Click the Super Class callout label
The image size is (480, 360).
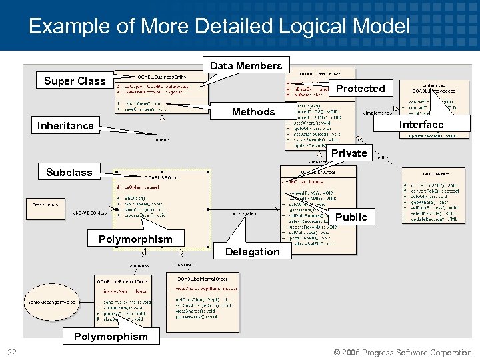tap(75, 81)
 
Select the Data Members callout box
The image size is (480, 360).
tap(246, 65)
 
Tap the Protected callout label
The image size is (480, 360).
tap(360, 88)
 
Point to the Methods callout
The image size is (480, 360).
tap(253, 111)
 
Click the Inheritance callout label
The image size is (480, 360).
tap(65, 125)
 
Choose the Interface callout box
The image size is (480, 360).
tap(421, 125)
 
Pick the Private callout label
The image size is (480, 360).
tap(349, 153)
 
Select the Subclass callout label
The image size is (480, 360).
tap(69, 172)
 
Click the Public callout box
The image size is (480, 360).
tap(351, 217)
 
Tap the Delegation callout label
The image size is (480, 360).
tap(252, 251)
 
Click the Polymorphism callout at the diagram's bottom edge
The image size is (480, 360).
tap(111, 336)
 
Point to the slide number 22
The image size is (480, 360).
tap(12, 352)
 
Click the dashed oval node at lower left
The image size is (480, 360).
tap(52, 303)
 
